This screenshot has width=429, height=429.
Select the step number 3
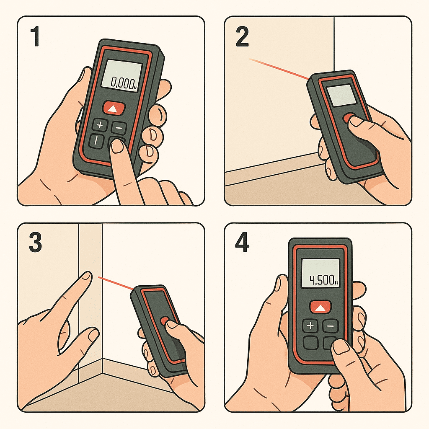tap(35, 243)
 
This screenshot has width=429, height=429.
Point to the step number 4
tap(242, 243)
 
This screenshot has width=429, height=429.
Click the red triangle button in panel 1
tap(114, 108)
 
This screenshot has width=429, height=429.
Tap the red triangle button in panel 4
tap(320, 308)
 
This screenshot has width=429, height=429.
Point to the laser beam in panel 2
tap(279, 69)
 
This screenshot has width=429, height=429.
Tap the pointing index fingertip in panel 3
tap(87, 276)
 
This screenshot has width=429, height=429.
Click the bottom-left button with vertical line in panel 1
tap(96, 141)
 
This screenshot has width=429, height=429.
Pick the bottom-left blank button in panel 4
tap(310, 343)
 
